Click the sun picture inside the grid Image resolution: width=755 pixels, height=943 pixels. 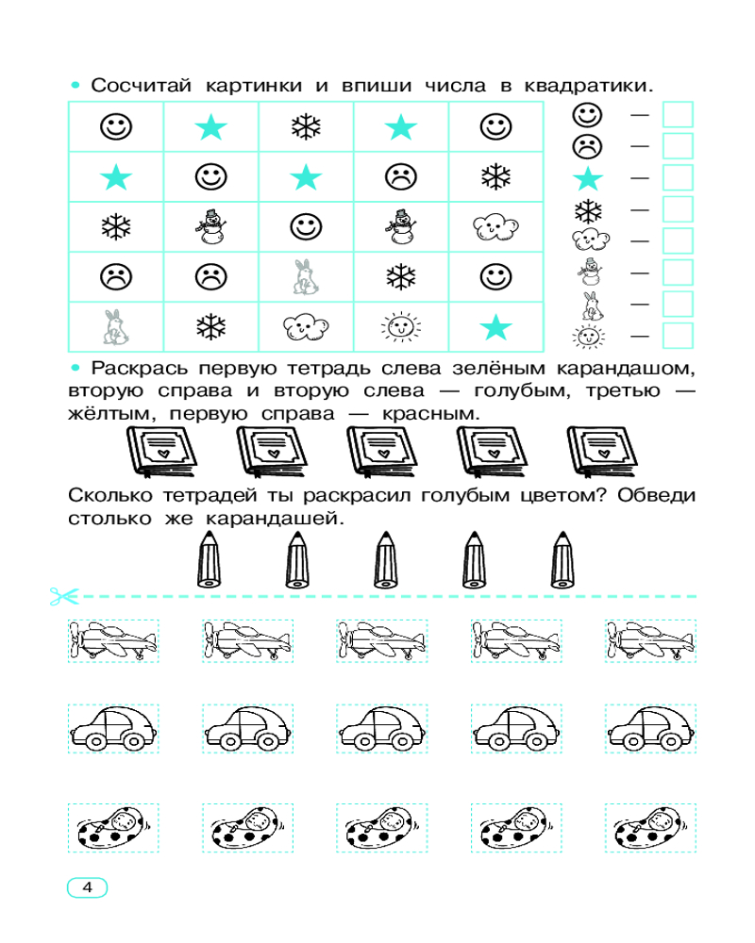tap(401, 327)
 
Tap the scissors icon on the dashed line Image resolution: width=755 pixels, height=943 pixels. tap(64, 597)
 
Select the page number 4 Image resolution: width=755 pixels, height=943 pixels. tap(88, 887)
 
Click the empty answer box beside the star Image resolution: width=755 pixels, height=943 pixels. tap(678, 178)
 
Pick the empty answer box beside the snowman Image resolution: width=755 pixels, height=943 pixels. tap(678, 273)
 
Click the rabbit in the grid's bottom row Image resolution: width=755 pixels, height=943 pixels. tap(114, 327)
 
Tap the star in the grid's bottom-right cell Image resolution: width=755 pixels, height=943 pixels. tap(496, 327)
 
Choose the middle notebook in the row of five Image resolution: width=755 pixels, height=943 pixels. tap(381, 452)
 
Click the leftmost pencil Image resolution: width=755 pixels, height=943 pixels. tap(209, 559)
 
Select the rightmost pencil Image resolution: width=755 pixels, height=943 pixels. tap(562, 559)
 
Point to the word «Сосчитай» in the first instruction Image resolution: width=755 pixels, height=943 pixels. tap(141, 86)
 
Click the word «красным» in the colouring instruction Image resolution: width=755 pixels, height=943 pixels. tap(430, 414)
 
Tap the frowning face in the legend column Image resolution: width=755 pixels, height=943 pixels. tap(588, 146)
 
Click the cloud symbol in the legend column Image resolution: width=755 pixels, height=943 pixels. tap(591, 240)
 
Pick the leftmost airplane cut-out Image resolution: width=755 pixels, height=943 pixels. tap(113, 641)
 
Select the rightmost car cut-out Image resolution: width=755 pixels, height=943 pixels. tap(651, 728)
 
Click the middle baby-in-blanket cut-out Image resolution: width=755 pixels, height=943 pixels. tap(381, 828)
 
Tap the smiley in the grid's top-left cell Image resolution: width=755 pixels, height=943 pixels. tap(115, 127)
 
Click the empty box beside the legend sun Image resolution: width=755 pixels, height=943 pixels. tap(678, 336)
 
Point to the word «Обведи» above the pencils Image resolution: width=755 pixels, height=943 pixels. tap(656, 496)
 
